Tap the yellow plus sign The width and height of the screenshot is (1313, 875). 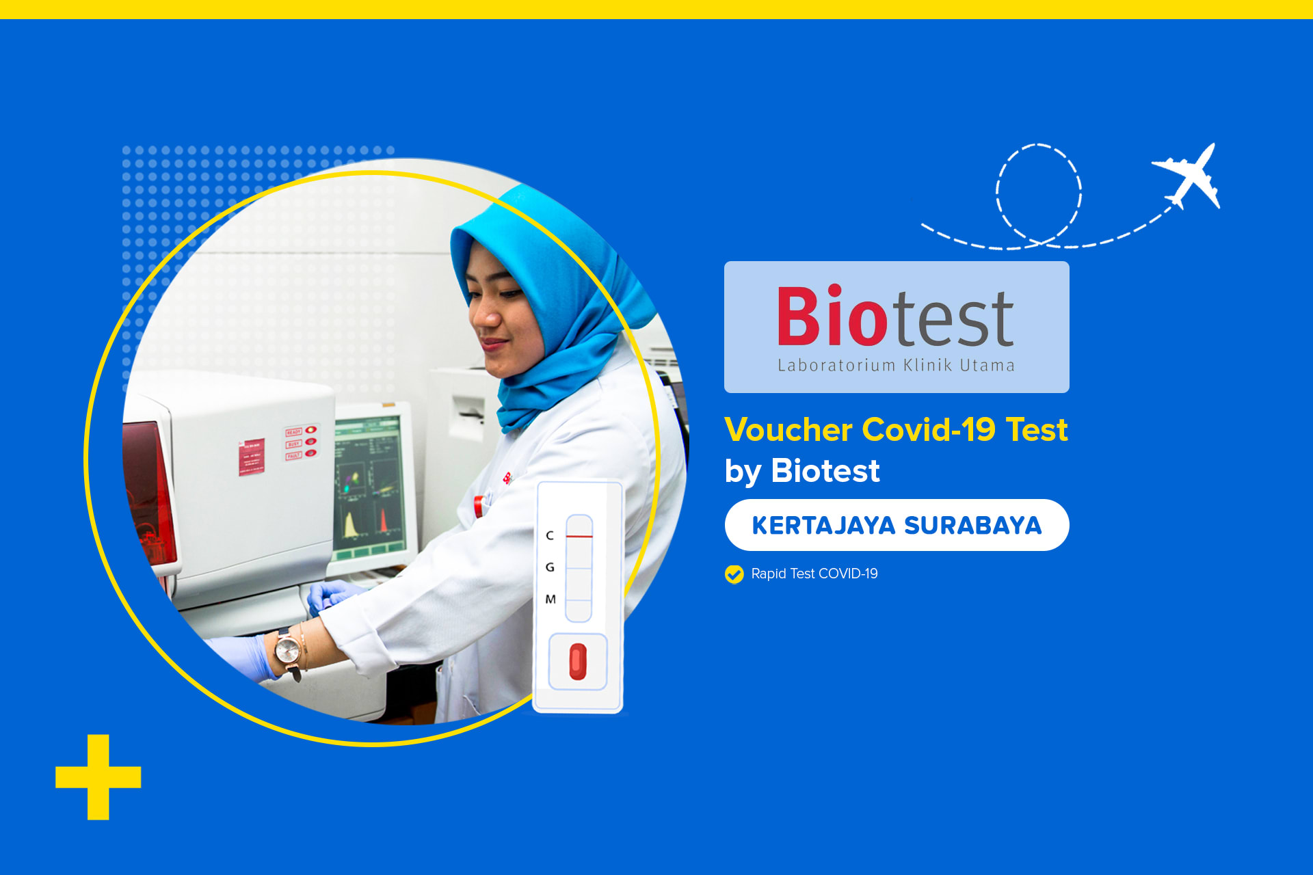pyautogui.click(x=98, y=777)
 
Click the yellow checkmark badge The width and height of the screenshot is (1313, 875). pyautogui.click(x=734, y=574)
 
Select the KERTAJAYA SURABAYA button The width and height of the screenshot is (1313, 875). pyautogui.click(x=897, y=525)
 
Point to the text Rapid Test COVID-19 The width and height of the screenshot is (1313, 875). pyautogui.click(x=814, y=574)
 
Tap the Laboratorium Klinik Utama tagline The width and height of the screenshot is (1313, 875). pyautogui.click(x=896, y=366)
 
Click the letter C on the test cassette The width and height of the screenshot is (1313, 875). pyautogui.click(x=550, y=535)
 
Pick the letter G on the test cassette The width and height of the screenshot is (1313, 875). pyautogui.click(x=550, y=567)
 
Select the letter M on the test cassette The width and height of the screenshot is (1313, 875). pyautogui.click(x=551, y=600)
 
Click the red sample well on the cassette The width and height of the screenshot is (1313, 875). pyautogui.click(x=578, y=662)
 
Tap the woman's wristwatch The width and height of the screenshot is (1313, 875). pyautogui.click(x=288, y=649)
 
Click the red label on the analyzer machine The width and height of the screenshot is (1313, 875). pyautogui.click(x=252, y=456)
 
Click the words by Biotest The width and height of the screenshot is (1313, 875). pyautogui.click(x=802, y=471)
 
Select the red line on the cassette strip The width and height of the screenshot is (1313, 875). pyautogui.click(x=579, y=537)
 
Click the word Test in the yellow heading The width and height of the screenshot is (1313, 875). pyautogui.click(x=1037, y=430)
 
